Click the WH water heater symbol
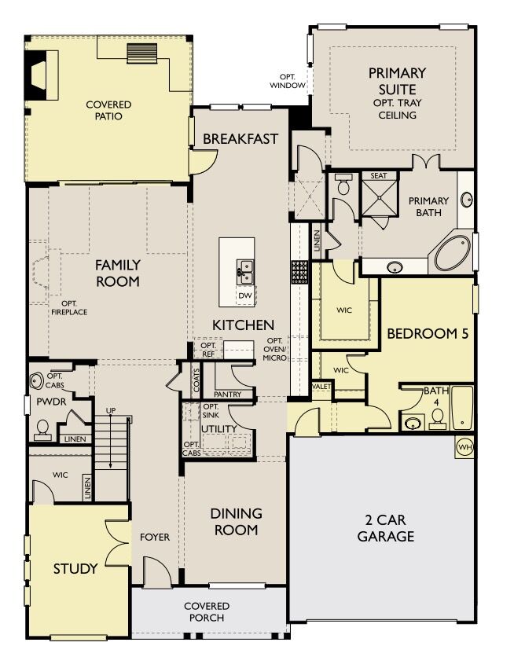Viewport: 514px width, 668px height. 464,446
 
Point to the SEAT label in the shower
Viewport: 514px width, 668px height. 379,176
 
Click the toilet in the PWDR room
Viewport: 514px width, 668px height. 41,428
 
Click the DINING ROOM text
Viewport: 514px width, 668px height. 236,521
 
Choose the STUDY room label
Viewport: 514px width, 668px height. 75,568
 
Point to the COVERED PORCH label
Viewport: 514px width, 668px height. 207,611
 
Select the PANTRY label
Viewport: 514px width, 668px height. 233,394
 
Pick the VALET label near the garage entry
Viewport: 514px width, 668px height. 321,387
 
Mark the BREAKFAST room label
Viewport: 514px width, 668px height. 240,139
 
